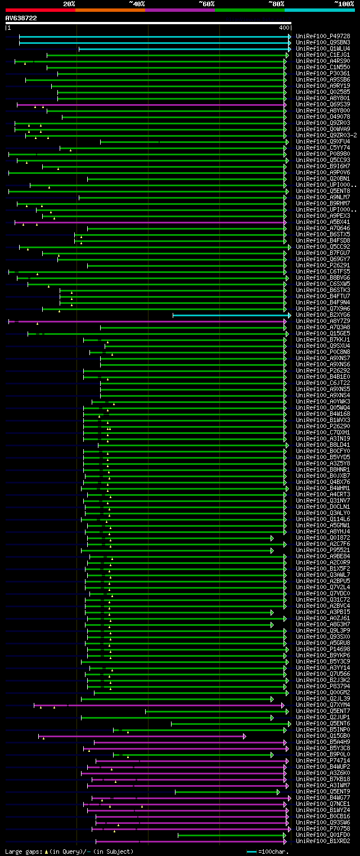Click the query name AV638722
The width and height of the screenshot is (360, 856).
(x=21, y=18)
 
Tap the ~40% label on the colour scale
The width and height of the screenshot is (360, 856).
(x=137, y=3)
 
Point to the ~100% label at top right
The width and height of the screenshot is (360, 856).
(x=344, y=3)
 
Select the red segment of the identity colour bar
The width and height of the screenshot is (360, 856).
(x=40, y=10)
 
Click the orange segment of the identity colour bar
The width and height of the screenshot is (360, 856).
(x=110, y=10)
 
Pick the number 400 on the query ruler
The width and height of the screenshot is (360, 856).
(x=283, y=28)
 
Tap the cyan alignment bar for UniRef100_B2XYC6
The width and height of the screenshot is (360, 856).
(x=231, y=315)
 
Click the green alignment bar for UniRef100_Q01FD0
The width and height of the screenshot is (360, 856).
(x=231, y=835)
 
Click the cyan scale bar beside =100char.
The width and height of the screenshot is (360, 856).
(x=251, y=851)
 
